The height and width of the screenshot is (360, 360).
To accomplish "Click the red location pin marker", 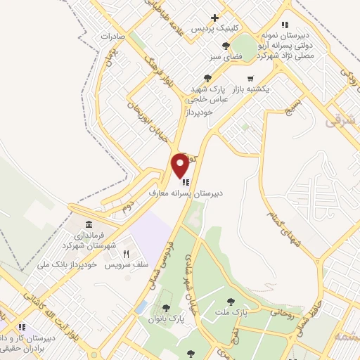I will pos(180,165).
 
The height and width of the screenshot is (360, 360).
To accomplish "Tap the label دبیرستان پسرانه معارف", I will pos(185,192).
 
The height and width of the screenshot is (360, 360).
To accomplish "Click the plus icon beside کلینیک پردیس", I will pos(215,18).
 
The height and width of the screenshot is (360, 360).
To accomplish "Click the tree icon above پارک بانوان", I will pos(166,307).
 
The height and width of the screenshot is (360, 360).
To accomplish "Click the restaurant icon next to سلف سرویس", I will pos(127,254).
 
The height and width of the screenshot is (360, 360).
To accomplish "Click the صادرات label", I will pos(112,34).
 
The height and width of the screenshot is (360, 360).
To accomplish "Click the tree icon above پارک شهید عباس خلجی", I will pos(207,78).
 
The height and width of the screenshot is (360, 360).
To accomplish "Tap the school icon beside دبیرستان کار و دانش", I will pos(22,328).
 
